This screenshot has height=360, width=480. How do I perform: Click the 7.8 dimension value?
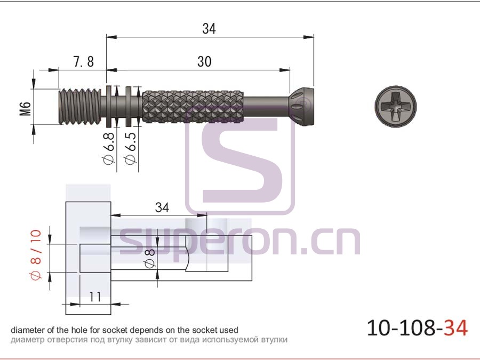click(x=84, y=61)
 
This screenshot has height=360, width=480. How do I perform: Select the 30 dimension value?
click(x=204, y=61)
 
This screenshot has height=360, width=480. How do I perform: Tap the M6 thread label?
click(x=26, y=109)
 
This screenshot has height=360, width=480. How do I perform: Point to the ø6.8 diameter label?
click(x=109, y=148)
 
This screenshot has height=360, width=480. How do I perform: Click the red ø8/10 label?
click(x=36, y=255)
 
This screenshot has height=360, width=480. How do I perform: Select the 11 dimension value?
click(x=95, y=297)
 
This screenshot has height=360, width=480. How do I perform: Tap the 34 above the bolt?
click(x=209, y=29)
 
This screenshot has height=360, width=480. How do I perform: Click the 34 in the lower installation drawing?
click(x=162, y=207)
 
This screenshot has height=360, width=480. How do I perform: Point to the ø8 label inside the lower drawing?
click(x=150, y=259)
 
